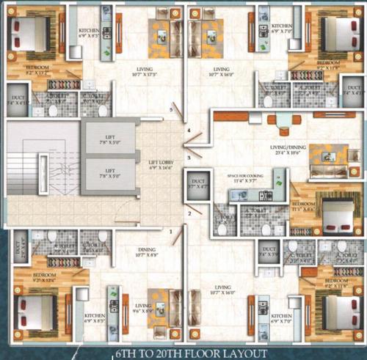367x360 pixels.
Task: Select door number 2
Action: [x=188, y=213]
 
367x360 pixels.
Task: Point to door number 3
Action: [x=189, y=157]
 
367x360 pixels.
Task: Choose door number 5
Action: [x=171, y=110]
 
